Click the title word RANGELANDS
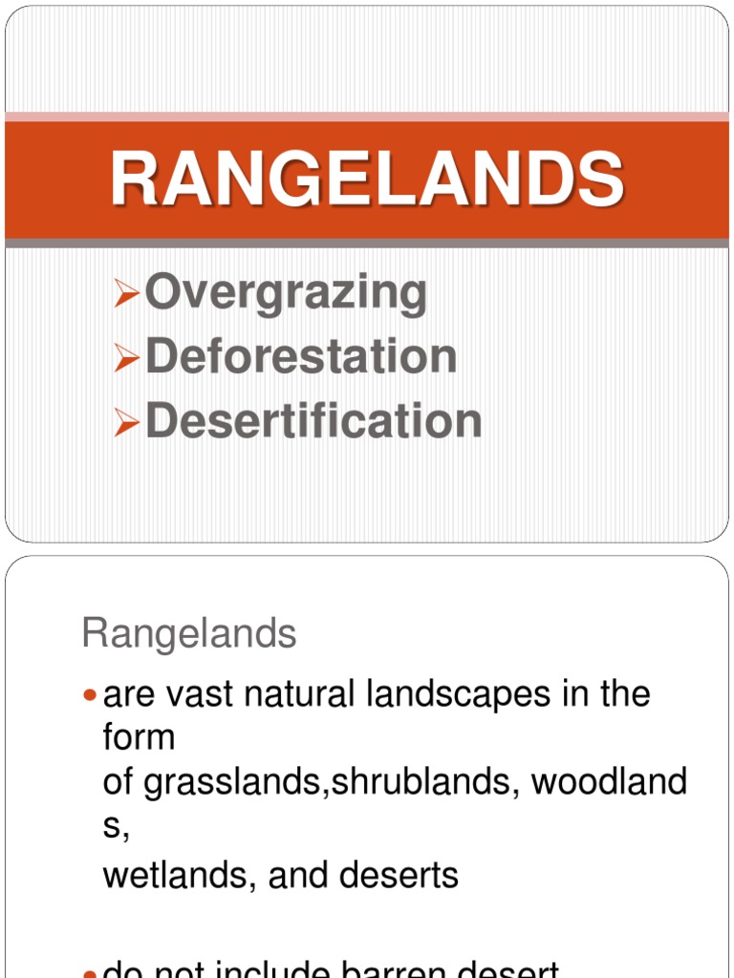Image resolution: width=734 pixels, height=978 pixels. click(367, 180)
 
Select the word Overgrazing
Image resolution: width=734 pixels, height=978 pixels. click(286, 293)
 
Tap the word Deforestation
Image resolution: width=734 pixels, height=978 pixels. click(301, 356)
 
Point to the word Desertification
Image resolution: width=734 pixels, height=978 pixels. click(313, 420)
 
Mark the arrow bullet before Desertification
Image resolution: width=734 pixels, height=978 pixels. click(126, 421)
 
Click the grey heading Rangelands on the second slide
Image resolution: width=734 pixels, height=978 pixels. click(189, 633)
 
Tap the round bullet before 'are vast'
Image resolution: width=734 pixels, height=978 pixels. click(91, 696)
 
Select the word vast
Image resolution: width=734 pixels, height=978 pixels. click(200, 694)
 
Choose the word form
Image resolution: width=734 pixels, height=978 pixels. click(139, 738)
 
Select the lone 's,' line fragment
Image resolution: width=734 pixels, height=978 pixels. click(115, 827)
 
